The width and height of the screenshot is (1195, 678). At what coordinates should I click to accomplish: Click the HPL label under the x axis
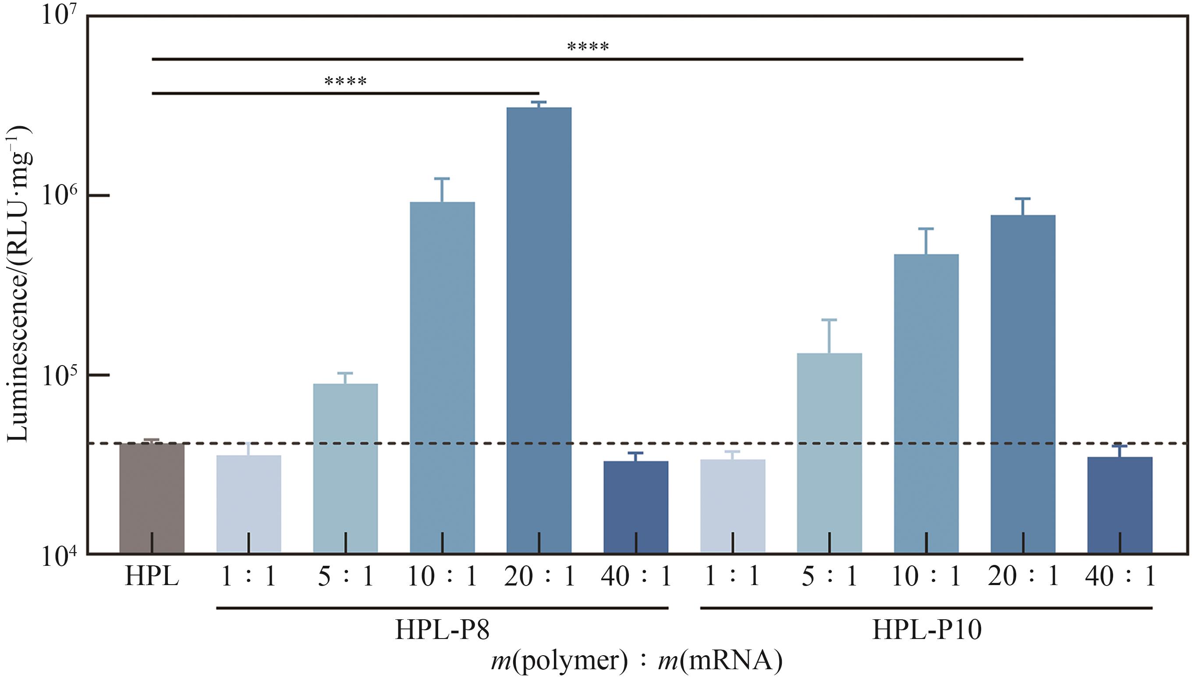coord(152,577)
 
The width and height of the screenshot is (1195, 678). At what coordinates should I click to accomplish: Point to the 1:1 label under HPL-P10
coord(732,577)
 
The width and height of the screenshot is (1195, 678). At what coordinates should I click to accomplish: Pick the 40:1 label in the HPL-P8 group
coord(635,577)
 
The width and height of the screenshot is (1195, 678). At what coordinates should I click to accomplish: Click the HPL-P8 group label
coord(442,631)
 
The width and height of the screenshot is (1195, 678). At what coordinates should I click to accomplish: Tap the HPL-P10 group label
coord(926,631)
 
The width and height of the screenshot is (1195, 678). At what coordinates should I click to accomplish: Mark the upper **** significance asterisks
coord(588,46)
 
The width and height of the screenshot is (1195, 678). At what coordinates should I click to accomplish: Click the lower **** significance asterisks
coord(345,82)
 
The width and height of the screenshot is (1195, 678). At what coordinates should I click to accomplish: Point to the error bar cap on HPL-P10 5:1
coord(829,320)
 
